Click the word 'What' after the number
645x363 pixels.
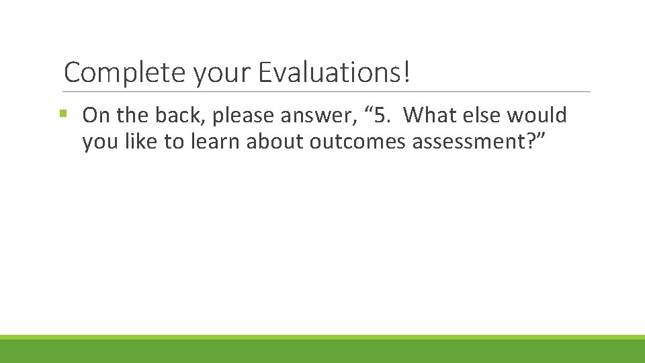[x=431, y=116]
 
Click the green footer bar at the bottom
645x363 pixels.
[x=322, y=350]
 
